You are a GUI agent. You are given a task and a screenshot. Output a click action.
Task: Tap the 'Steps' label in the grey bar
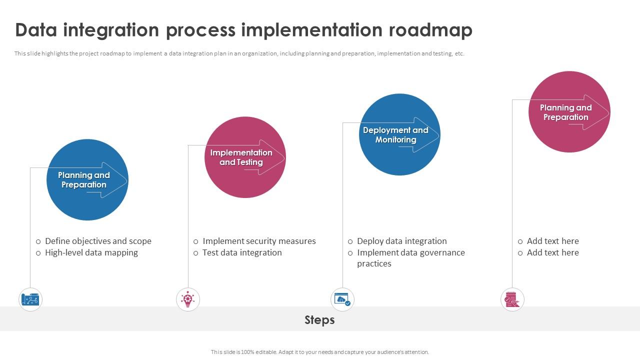click(319, 319)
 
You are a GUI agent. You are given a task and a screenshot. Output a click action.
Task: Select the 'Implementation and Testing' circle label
click(241, 157)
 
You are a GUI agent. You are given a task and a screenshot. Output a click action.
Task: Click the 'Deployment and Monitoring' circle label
click(395, 135)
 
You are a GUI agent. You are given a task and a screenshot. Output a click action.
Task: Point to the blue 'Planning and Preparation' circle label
click(83, 180)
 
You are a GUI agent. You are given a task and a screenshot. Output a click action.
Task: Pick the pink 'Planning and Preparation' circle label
click(565, 112)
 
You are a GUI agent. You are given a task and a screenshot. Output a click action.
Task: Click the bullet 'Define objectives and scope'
click(98, 241)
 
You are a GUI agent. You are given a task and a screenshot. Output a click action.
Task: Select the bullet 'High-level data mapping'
click(91, 252)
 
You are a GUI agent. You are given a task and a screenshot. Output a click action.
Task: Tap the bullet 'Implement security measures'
click(259, 241)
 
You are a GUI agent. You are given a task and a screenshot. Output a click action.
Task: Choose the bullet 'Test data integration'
click(242, 252)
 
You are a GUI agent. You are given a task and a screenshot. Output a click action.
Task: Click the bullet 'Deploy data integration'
click(401, 241)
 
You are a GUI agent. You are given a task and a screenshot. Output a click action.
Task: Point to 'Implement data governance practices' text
click(410, 258)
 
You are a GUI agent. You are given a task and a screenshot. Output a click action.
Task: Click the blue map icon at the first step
click(30, 300)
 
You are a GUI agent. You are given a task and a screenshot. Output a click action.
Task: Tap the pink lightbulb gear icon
click(188, 300)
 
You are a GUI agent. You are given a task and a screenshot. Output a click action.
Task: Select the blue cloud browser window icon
click(342, 300)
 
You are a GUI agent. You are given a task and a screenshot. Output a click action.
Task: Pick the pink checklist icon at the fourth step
click(512, 300)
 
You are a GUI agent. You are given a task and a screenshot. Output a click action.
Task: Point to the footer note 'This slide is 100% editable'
click(319, 352)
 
